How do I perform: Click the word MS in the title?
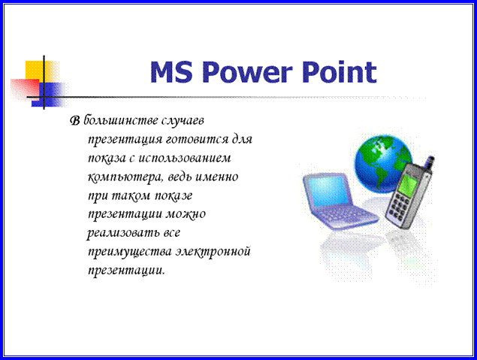(171, 72)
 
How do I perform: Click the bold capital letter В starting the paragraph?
(75, 121)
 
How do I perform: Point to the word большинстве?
(121, 120)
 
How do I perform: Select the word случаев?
(183, 121)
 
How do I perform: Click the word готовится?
(198, 140)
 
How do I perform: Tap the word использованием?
(185, 159)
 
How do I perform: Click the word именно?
(216, 177)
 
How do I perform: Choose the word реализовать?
(123, 234)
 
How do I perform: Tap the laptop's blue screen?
(328, 190)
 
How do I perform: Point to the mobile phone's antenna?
(430, 162)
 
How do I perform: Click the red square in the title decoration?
(25, 89)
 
